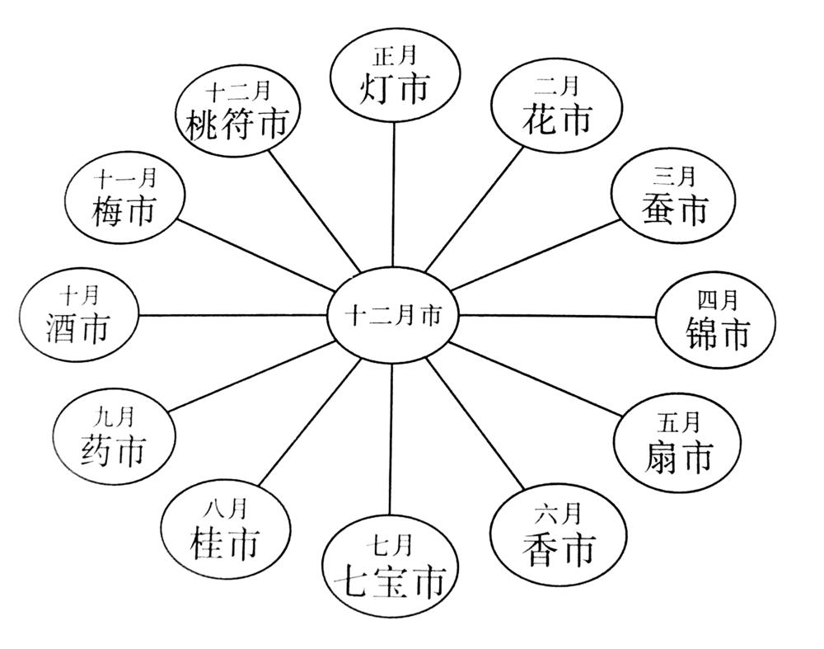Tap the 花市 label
(x=557, y=119)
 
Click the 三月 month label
(x=674, y=176)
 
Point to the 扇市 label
(x=677, y=456)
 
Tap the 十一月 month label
(x=124, y=179)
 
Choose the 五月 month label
(x=679, y=424)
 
